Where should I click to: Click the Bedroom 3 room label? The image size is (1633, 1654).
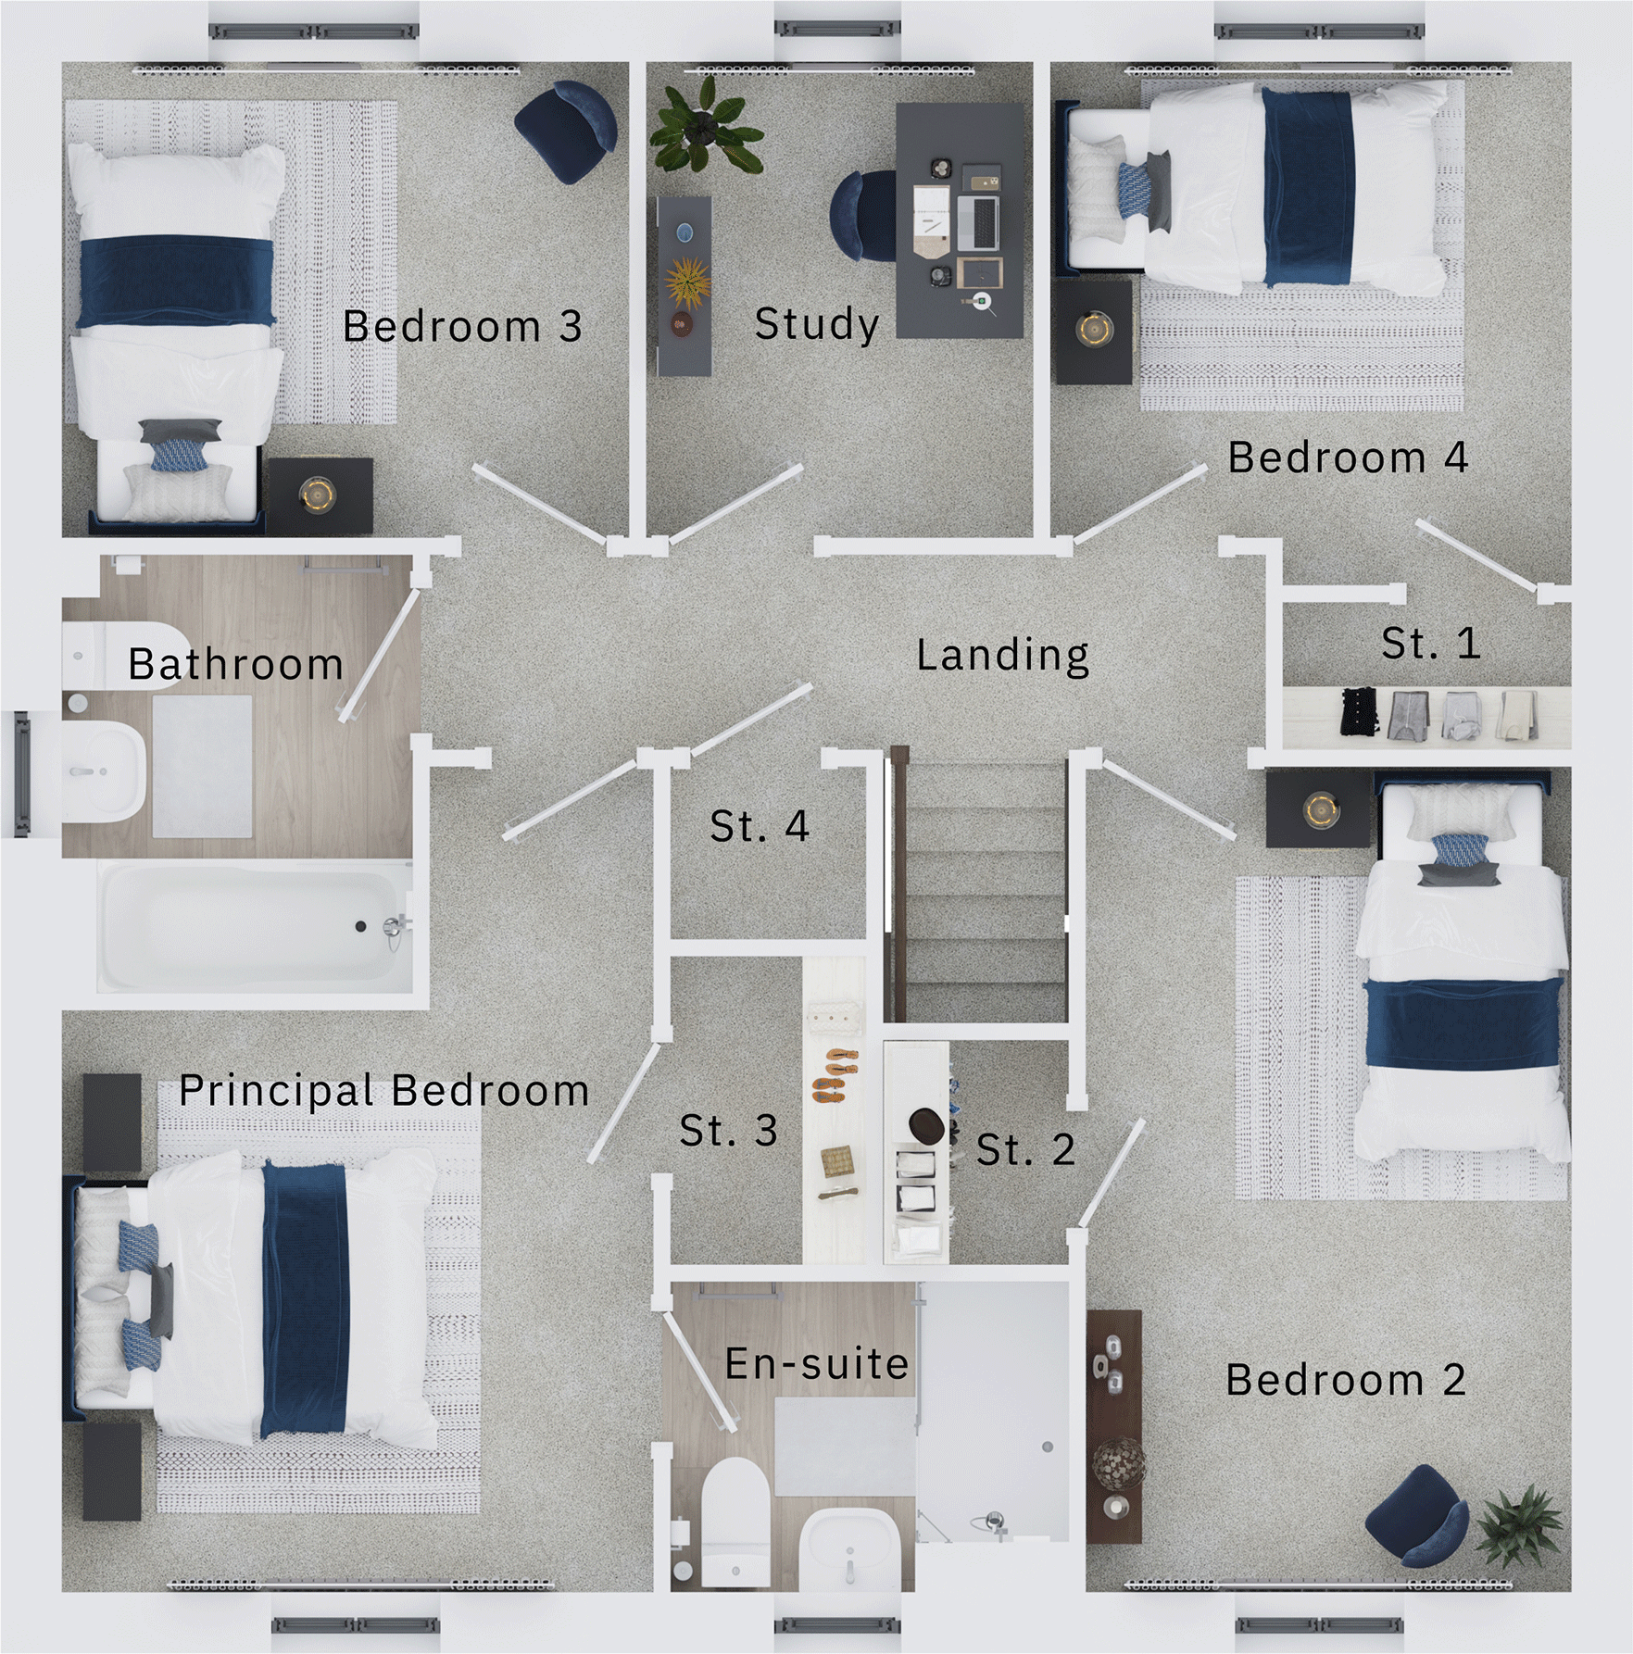pos(462,326)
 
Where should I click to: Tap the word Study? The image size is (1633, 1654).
pos(816,324)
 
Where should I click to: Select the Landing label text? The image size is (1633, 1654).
pos(1002,655)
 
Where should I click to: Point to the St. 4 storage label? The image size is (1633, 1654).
pos(759,826)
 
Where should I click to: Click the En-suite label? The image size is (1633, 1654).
pos(816,1364)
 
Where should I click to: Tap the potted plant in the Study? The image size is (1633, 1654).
pos(707,128)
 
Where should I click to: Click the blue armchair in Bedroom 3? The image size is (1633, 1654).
pos(567,129)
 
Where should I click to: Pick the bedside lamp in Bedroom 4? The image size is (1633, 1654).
pos(1094,329)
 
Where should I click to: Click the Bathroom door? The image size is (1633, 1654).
pos(380,655)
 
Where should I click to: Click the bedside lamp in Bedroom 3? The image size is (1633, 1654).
pos(318,494)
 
